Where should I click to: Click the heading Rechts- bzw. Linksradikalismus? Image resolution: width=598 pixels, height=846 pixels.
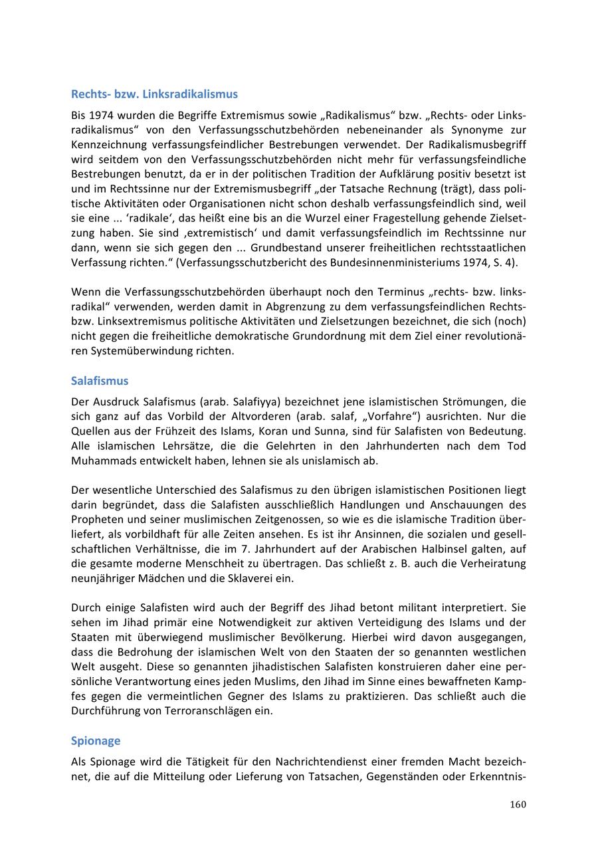click(x=154, y=94)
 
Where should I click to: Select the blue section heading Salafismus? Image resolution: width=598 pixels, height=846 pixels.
click(x=100, y=381)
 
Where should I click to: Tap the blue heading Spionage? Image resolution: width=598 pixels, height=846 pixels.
click(x=96, y=740)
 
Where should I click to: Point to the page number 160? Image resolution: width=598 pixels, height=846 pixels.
click(x=518, y=805)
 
